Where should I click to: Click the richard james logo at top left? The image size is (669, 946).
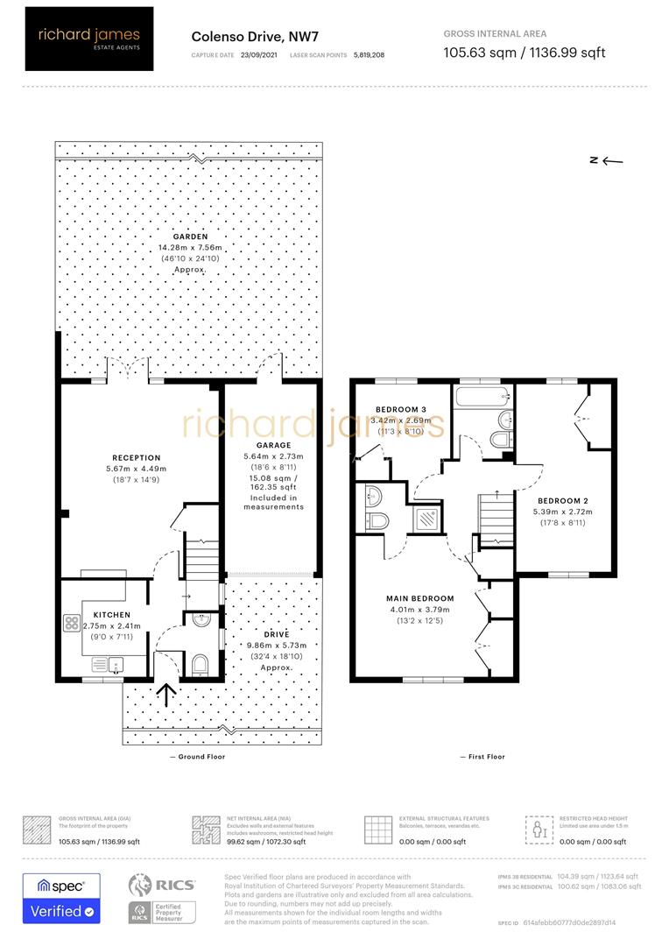[88, 39]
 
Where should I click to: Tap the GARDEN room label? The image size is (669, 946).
[190, 236]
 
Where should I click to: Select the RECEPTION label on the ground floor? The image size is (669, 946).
[137, 457]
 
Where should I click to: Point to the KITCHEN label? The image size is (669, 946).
[112, 615]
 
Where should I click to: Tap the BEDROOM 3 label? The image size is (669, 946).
[401, 410]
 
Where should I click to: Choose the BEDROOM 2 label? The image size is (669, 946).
[561, 500]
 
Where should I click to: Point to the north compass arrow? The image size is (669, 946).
[605, 160]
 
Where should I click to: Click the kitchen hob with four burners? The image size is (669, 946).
[72, 625]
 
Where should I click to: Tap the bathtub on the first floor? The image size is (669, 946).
[482, 399]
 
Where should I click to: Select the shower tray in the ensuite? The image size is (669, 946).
[428, 519]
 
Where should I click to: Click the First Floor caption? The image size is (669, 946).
[483, 757]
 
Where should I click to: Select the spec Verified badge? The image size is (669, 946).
[61, 899]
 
